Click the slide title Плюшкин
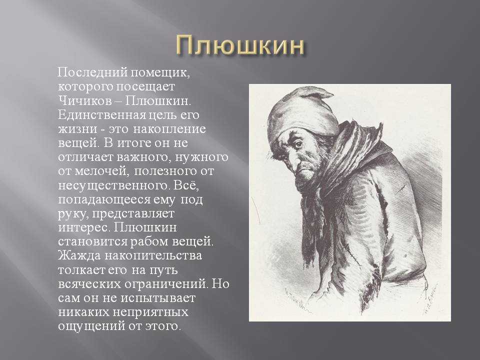pyautogui.click(x=240, y=46)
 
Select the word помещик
pyautogui.click(x=160, y=73)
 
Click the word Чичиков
pyautogui.click(x=85, y=101)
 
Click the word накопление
pyautogui.click(x=169, y=129)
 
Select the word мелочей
pyautogui.click(x=100, y=171)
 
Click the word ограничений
pyautogui.click(x=166, y=284)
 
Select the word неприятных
pyautogui.click(x=150, y=312)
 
